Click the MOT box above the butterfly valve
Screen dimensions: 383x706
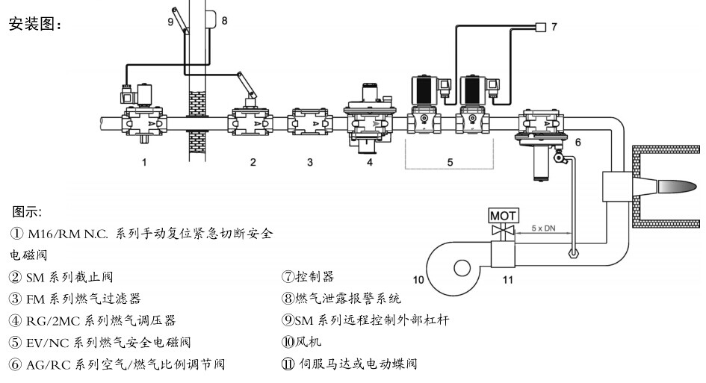pos(503,216)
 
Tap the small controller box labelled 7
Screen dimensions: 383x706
pos(540,27)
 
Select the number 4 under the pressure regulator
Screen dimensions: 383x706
pos(369,161)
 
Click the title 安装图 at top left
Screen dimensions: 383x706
pos(34,24)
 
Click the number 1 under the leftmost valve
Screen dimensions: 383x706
pos(144,161)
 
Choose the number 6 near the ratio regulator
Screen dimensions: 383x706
pos(578,140)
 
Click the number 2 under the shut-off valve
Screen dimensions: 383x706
pos(253,161)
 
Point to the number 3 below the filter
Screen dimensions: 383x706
pos(309,161)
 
